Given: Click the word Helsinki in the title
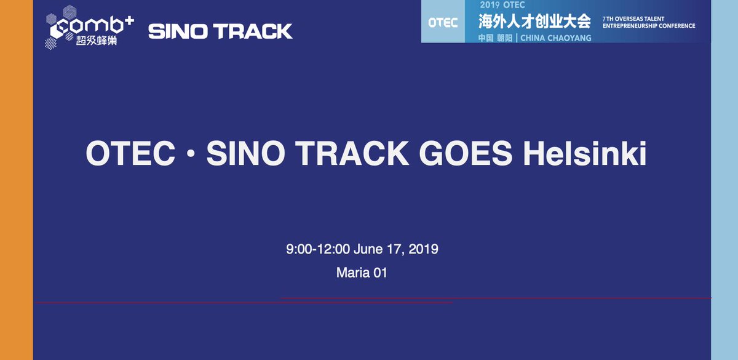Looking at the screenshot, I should pyautogui.click(x=584, y=154).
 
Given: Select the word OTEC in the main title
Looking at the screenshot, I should pyautogui.click(x=126, y=154).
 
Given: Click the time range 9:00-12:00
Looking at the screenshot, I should pyautogui.click(x=318, y=249).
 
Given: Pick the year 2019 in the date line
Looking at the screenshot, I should pyautogui.click(x=423, y=249).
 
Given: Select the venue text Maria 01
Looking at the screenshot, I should pyautogui.click(x=362, y=272).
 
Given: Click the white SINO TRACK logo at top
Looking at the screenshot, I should pyautogui.click(x=220, y=31).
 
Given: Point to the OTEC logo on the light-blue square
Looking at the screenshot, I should pyautogui.click(x=443, y=23).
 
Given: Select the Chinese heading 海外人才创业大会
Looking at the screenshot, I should pyautogui.click(x=534, y=22).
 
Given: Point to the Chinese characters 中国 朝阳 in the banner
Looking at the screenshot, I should pyautogui.click(x=495, y=38).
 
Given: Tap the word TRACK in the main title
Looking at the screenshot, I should pyautogui.click(x=357, y=154).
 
